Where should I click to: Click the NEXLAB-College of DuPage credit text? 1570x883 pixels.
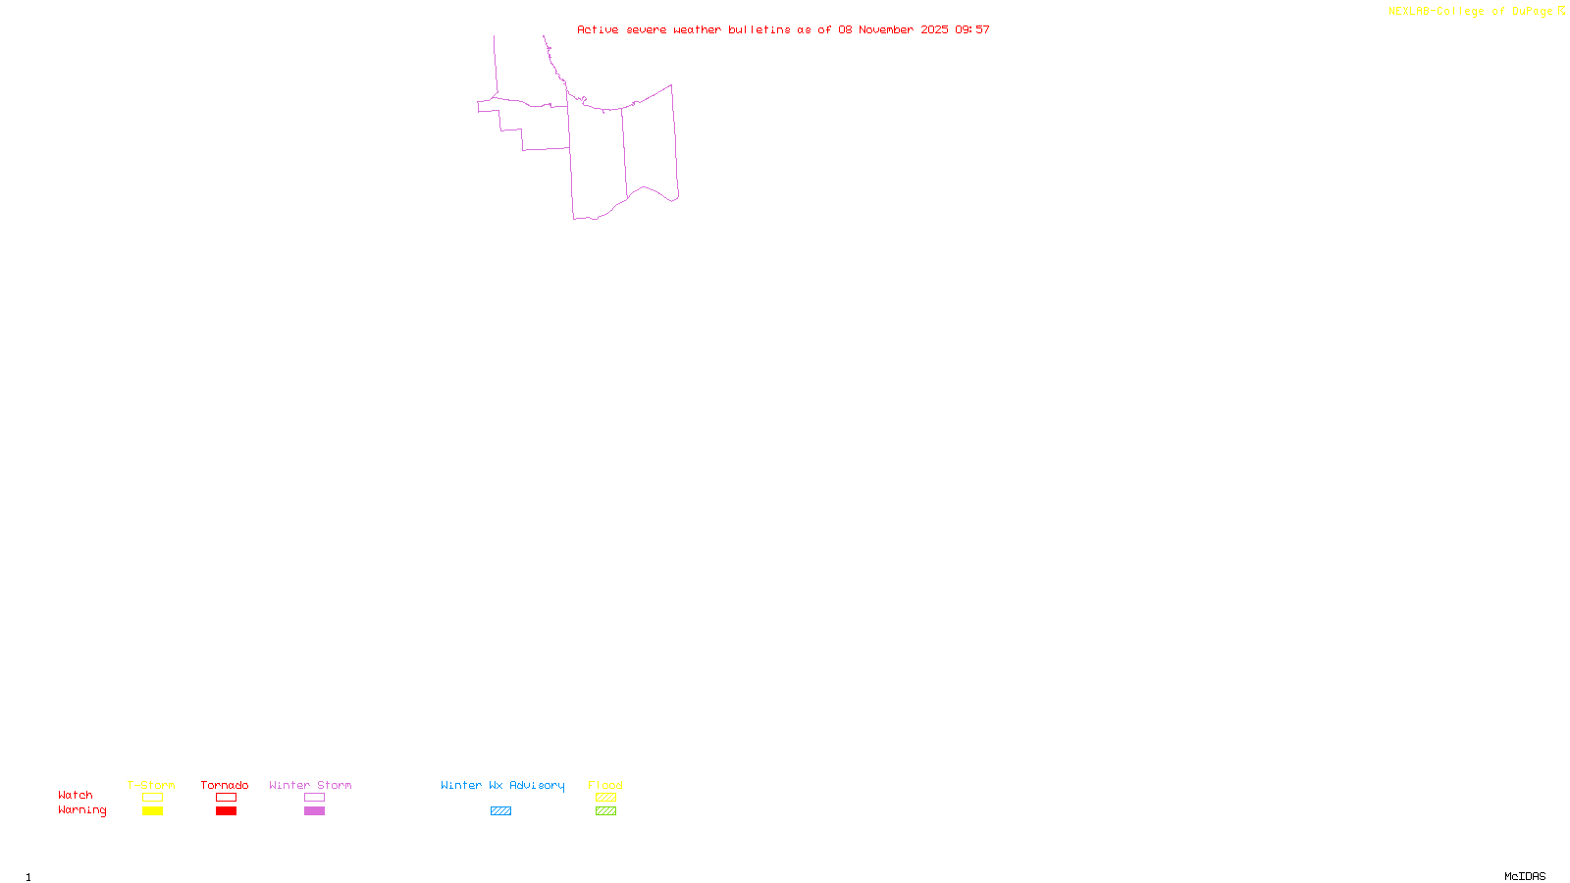point(1476,12)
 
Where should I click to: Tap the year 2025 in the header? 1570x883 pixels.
point(934,30)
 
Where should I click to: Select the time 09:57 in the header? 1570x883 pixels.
point(972,30)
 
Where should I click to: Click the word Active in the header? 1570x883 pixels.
point(598,30)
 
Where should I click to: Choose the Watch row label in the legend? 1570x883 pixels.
point(76,796)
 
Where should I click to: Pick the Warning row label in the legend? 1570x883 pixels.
point(81,810)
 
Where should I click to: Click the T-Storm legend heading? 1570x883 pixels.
point(151,785)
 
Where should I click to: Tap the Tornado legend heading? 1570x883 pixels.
point(225,785)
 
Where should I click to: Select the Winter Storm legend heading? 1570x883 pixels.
point(310,785)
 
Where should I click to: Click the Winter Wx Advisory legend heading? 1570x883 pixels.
point(502,785)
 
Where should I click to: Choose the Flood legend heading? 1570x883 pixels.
point(605,785)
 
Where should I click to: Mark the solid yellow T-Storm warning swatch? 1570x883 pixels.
point(152,811)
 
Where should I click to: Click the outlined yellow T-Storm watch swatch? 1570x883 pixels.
point(152,798)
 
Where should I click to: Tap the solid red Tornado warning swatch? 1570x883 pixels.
point(226,811)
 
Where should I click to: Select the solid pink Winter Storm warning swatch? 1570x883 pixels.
point(314,811)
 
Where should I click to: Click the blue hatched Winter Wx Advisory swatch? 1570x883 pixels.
point(500,811)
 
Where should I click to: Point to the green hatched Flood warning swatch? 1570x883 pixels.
point(605,811)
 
